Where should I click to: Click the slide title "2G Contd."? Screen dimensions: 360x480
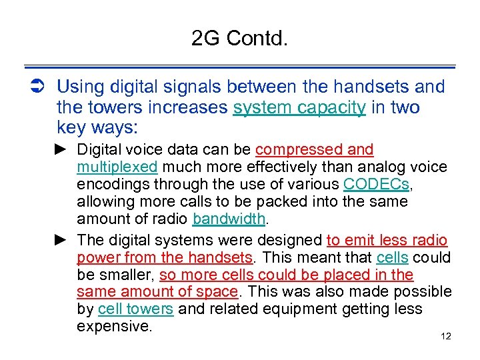point(239,39)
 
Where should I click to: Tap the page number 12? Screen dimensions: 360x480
point(446,337)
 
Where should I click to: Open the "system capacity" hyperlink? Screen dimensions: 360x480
point(299,107)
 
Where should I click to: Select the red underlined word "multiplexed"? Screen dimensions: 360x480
point(117,167)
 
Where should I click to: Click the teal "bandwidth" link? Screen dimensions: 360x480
point(229,219)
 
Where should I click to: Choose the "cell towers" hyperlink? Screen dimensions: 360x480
point(135,309)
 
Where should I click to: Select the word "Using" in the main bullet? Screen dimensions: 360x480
point(77,87)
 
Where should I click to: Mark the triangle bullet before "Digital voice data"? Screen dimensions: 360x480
point(61,149)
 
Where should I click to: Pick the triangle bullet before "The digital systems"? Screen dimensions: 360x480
point(61,240)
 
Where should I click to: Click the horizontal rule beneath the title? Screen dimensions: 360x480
point(239,67)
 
